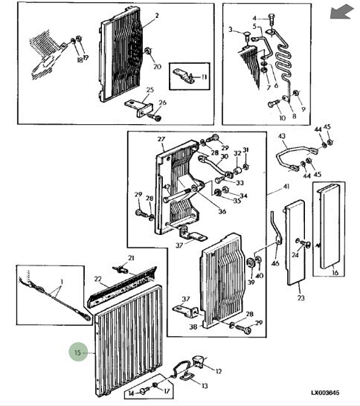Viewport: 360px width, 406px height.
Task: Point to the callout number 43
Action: [281, 136]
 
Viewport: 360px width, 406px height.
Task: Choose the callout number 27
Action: [160, 138]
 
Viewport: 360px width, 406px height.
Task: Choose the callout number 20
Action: [157, 67]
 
